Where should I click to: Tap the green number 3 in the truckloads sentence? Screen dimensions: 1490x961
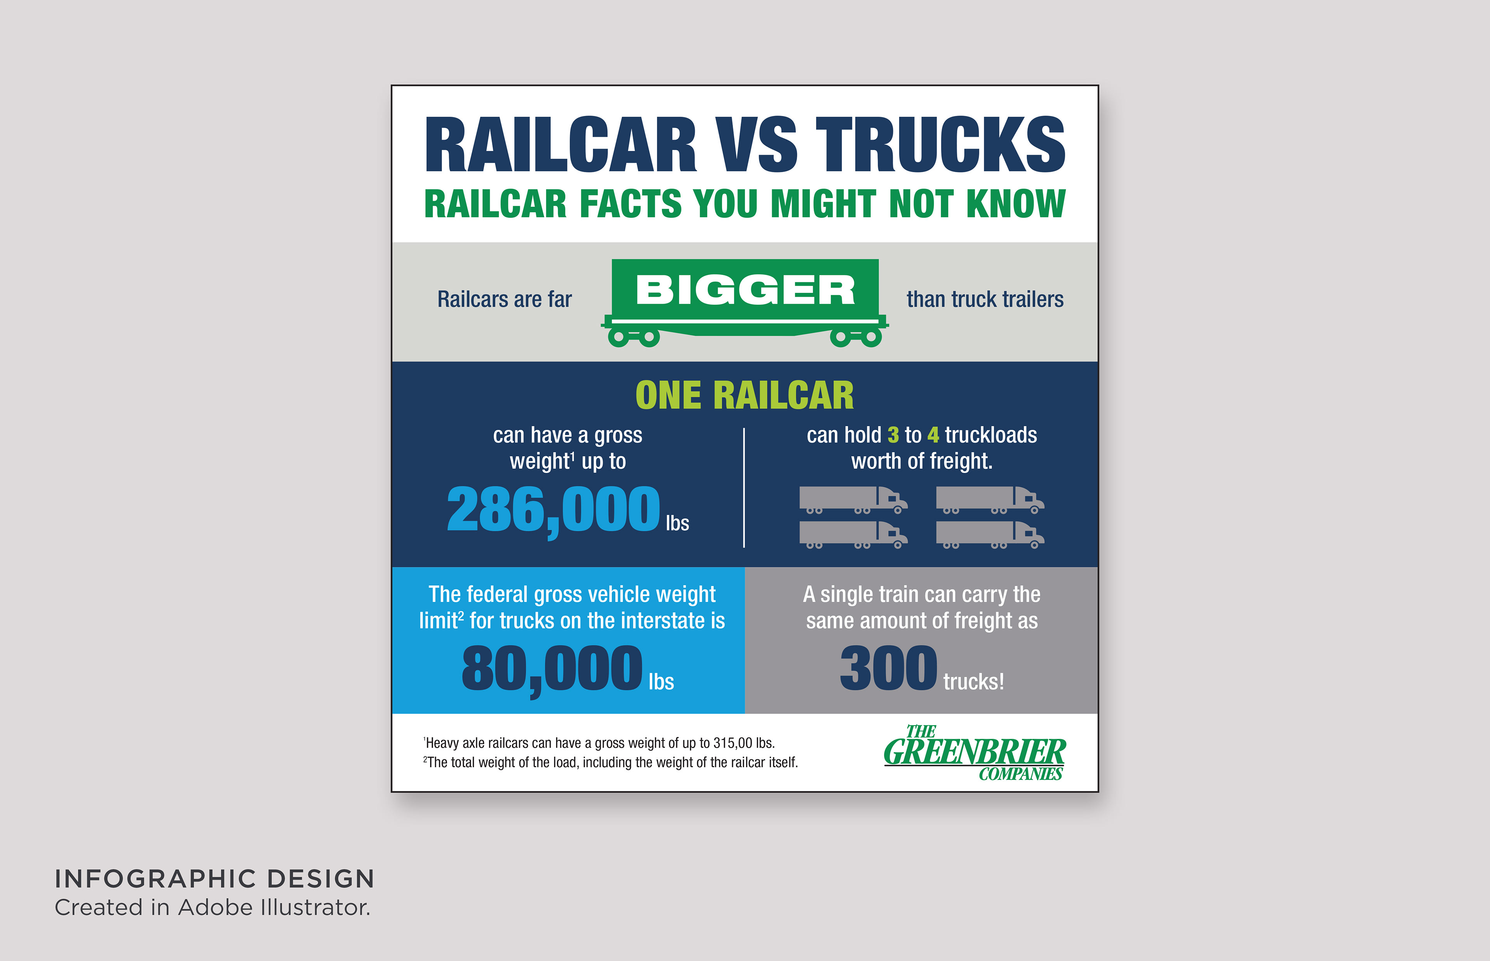coord(893,435)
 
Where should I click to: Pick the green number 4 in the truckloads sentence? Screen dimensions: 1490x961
coord(933,435)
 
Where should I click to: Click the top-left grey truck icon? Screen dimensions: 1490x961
coord(853,500)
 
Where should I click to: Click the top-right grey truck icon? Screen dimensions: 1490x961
coord(990,500)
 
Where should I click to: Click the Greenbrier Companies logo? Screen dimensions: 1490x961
coord(974,753)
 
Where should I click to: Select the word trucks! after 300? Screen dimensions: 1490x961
coord(974,681)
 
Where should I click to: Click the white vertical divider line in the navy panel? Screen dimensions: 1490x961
coord(744,488)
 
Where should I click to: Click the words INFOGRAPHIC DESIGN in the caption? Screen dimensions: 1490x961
coord(215,879)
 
